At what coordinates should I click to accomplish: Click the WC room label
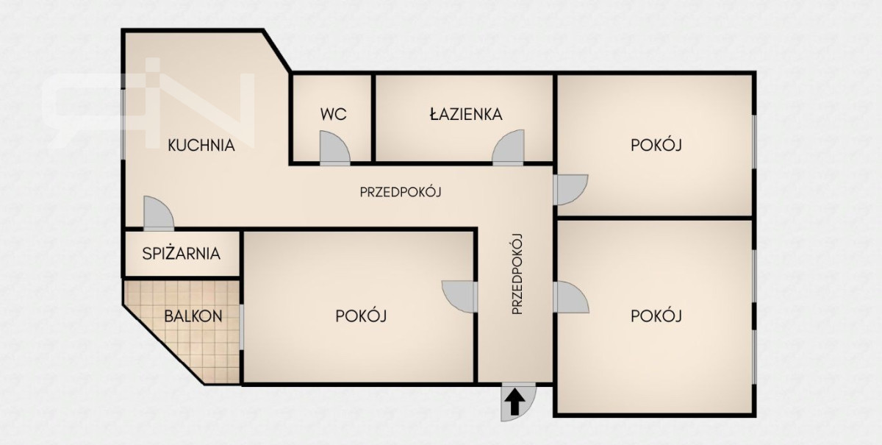[x=333, y=114]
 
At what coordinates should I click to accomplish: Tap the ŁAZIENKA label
[x=466, y=114]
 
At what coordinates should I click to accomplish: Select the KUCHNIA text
[x=201, y=146]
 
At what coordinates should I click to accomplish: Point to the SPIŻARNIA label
[x=181, y=254]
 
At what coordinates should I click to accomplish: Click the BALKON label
[x=193, y=316]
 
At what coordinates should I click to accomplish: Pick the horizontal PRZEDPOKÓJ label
[x=401, y=192]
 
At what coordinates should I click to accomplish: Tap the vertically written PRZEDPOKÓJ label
[x=517, y=274]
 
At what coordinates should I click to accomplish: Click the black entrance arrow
[x=514, y=402]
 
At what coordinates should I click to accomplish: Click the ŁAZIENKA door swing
[x=509, y=146]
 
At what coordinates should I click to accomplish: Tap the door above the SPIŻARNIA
[x=158, y=213]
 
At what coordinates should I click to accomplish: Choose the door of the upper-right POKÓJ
[x=570, y=190]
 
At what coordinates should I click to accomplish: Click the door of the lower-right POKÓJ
[x=571, y=297]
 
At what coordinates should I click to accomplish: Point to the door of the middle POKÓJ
[x=459, y=296]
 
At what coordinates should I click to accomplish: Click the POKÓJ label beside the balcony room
[x=361, y=316]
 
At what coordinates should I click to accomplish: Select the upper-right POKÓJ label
[x=656, y=145]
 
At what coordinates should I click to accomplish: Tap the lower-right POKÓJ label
[x=656, y=316]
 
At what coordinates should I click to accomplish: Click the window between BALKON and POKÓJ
[x=242, y=327]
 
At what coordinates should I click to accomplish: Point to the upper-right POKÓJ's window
[x=754, y=142]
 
